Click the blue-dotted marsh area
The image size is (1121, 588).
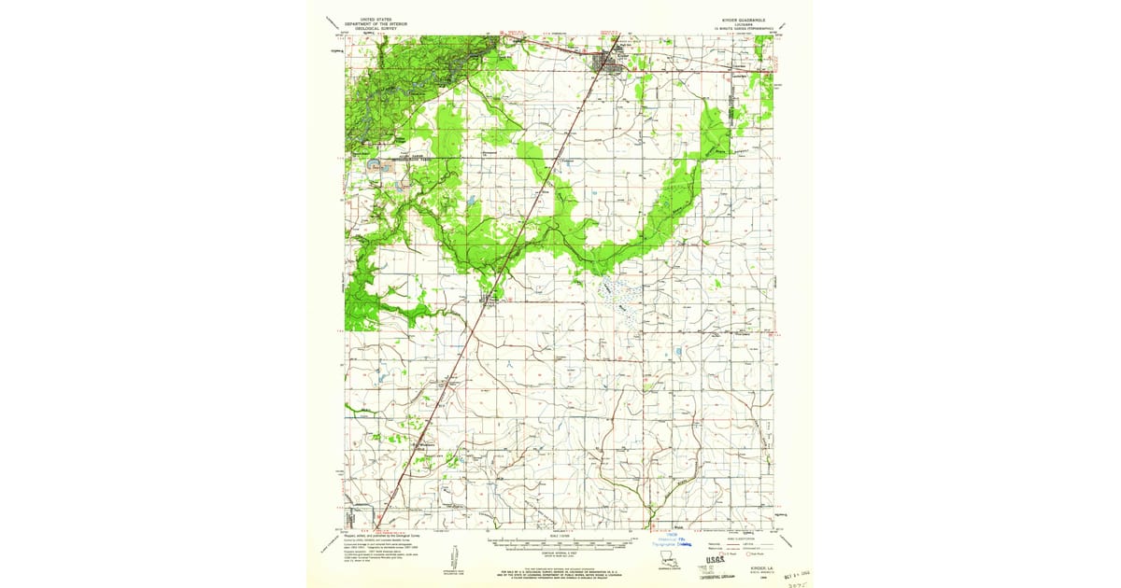(621, 299)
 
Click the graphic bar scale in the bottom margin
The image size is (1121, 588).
(560, 542)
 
